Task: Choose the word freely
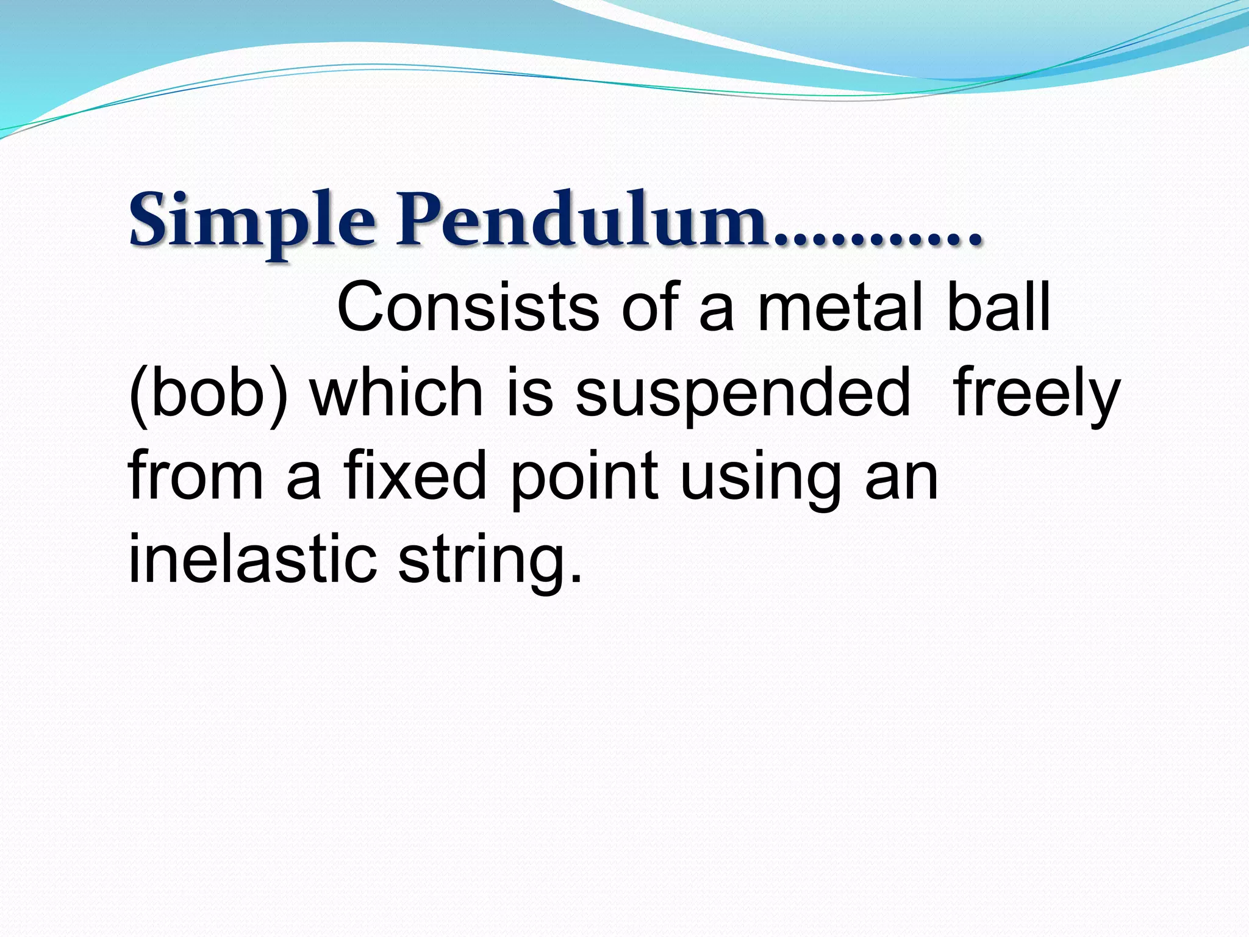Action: tap(1036, 393)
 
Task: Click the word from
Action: tap(196, 476)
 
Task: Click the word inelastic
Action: tap(253, 558)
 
